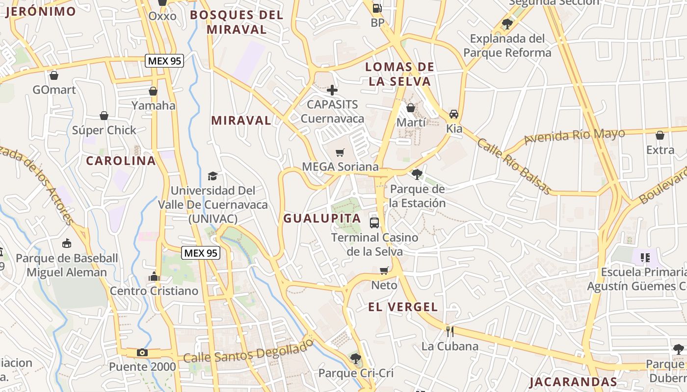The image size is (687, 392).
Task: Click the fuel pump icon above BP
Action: pyautogui.click(x=377, y=8)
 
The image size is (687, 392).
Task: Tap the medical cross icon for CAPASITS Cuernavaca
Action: pyautogui.click(x=332, y=90)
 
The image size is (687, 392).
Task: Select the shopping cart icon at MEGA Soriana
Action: pyautogui.click(x=340, y=152)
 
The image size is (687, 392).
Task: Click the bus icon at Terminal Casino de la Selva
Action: pyautogui.click(x=374, y=223)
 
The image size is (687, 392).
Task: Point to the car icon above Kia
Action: pyautogui.click(x=454, y=114)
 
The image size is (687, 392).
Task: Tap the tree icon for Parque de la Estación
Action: pyautogui.click(x=417, y=174)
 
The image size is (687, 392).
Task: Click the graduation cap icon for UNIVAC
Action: pyautogui.click(x=212, y=176)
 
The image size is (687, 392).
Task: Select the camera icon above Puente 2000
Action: pyautogui.click(x=142, y=352)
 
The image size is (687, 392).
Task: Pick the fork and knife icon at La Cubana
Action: pyautogui.click(x=449, y=332)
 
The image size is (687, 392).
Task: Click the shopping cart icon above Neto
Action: pyautogui.click(x=384, y=270)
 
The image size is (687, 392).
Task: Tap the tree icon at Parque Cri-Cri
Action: pyautogui.click(x=356, y=359)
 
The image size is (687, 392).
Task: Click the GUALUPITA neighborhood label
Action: pyautogui.click(x=322, y=219)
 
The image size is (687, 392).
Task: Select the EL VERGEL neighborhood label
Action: pyautogui.click(x=403, y=307)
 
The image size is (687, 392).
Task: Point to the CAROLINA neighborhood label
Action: pyautogui.click(x=121, y=161)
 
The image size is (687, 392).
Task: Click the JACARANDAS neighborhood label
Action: pyautogui.click(x=573, y=382)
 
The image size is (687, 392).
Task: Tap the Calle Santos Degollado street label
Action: pyautogui.click(x=248, y=351)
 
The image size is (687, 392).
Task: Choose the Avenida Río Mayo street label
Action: pyautogui.click(x=574, y=136)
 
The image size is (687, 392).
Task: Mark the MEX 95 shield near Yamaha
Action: pyautogui.click(x=164, y=61)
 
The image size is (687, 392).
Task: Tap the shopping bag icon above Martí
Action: pyautogui.click(x=411, y=108)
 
